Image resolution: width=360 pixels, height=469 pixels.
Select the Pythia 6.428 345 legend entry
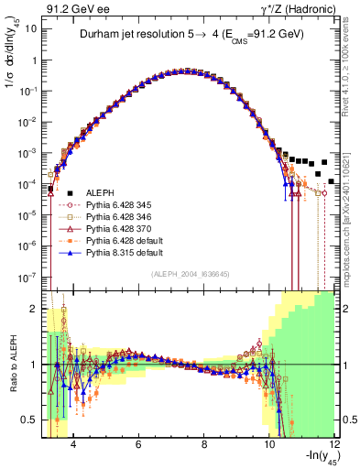point(123,203)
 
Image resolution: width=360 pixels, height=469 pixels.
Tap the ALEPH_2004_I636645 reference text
point(189,273)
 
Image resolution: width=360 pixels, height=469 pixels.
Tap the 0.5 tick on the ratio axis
point(28,420)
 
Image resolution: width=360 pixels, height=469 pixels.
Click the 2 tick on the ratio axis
point(33,309)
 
